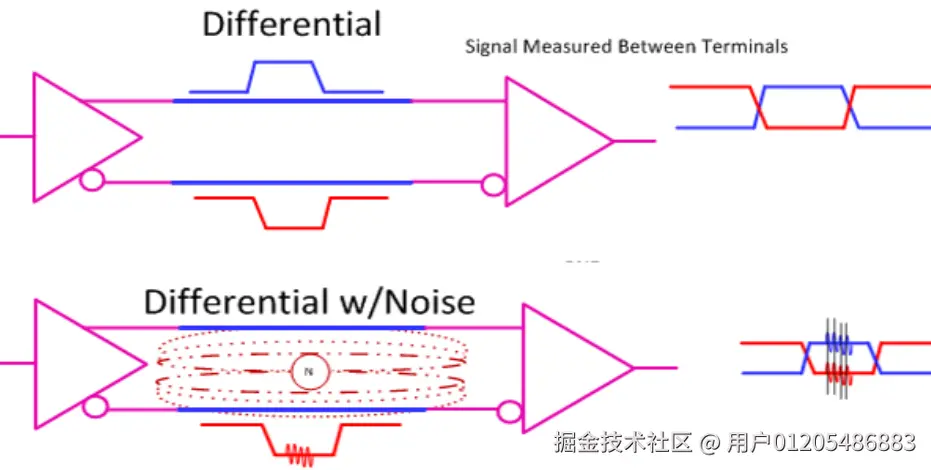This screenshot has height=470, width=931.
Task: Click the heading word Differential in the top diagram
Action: click(x=292, y=23)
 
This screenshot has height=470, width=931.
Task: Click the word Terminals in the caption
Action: click(x=748, y=47)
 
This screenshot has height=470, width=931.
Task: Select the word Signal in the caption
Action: click(x=491, y=47)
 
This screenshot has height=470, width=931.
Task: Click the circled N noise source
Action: click(x=309, y=372)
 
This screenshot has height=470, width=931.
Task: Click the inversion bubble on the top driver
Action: click(x=92, y=181)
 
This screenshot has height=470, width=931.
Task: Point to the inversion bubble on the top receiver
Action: click(x=491, y=185)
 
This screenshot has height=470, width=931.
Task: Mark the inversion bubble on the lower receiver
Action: click(x=508, y=412)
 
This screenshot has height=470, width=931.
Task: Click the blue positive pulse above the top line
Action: click(x=286, y=77)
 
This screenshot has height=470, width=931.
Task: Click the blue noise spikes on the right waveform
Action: click(x=837, y=341)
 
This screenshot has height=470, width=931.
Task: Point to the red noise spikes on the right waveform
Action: click(x=838, y=375)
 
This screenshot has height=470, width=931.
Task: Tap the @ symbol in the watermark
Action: click(x=710, y=442)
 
